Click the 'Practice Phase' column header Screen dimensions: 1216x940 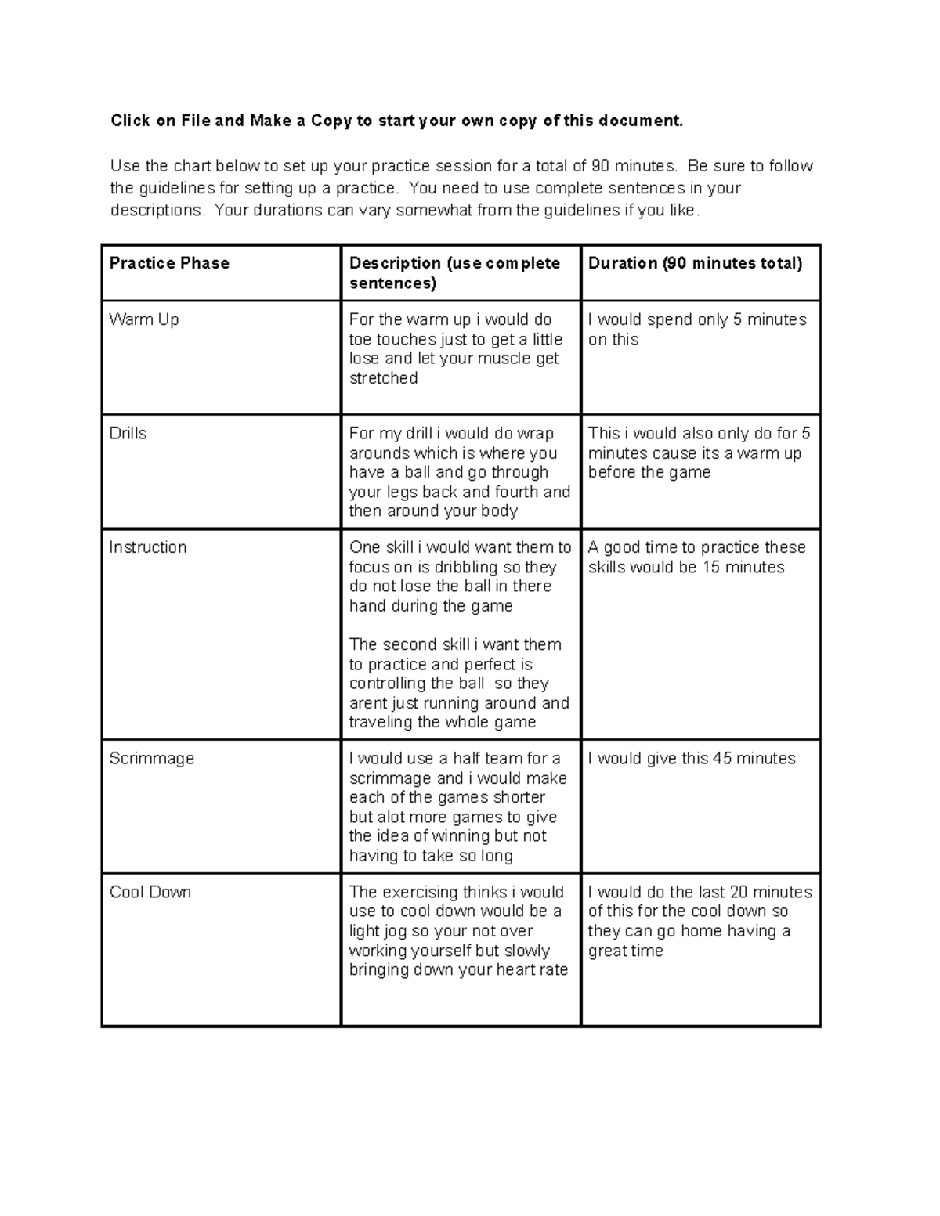tap(169, 263)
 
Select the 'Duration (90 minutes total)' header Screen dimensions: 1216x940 tap(695, 263)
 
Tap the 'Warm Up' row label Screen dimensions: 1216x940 tap(144, 319)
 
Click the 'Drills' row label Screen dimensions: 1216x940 tap(128, 434)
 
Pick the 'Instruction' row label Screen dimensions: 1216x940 tap(148, 547)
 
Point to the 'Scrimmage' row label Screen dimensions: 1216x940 tap(151, 759)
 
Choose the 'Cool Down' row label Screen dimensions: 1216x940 tap(150, 892)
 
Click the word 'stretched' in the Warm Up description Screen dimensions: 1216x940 tap(383, 378)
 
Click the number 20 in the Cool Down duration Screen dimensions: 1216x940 tap(740, 892)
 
